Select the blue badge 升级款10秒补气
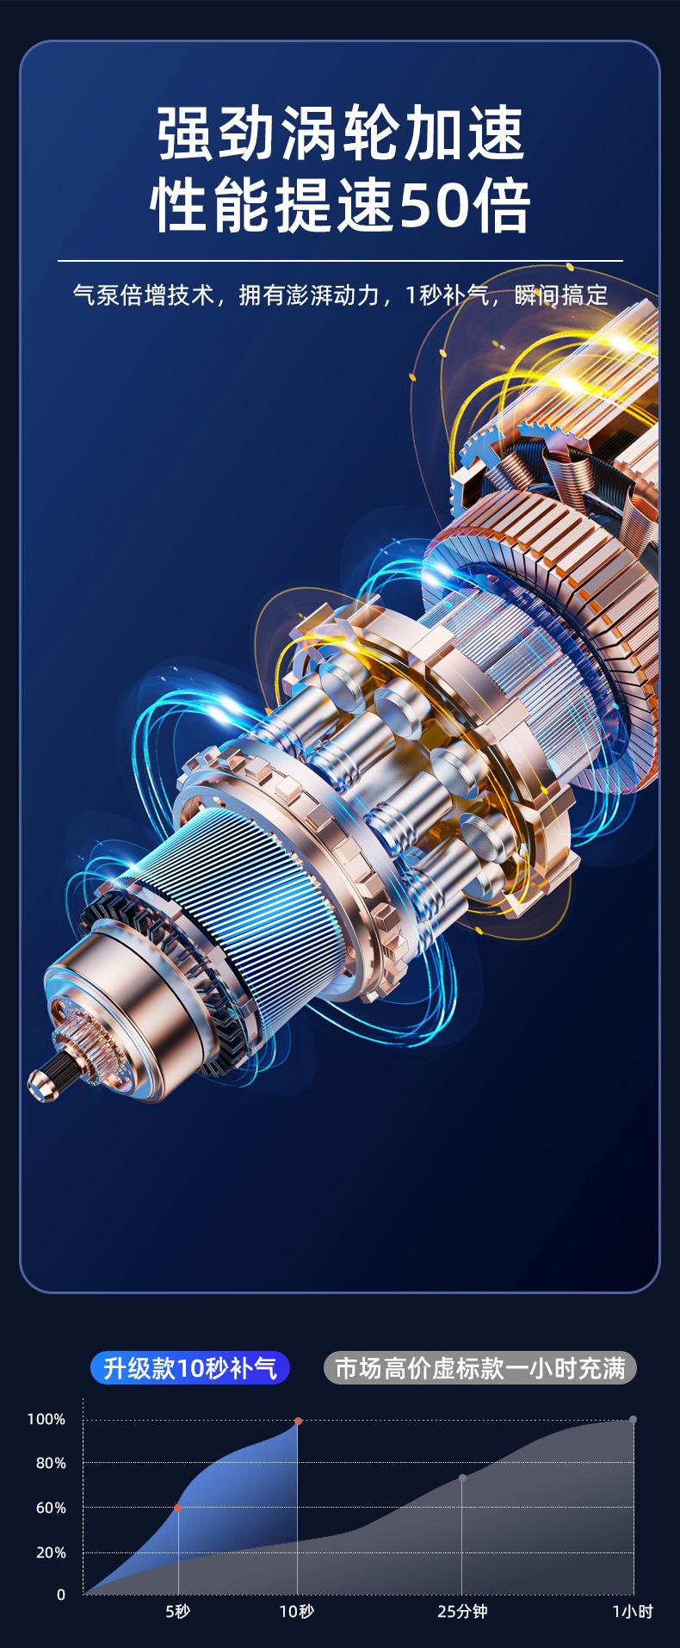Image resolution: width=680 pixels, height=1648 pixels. point(190,1368)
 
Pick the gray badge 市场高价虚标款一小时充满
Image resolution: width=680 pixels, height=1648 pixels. point(480,1368)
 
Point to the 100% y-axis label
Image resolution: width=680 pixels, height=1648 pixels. point(46,1419)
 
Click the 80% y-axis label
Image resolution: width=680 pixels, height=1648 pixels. point(50,1463)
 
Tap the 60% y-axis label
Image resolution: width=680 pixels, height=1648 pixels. point(50,1508)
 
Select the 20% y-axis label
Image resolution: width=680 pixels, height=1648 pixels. point(50,1552)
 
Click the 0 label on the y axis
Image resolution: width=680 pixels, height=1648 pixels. point(61,1595)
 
